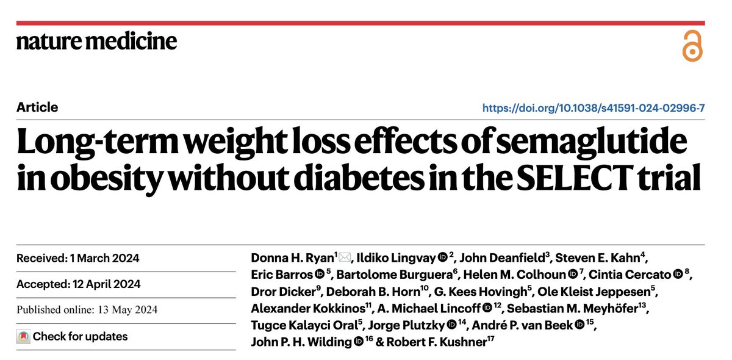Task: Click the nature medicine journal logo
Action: click(97, 41)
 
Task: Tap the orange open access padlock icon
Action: click(692, 46)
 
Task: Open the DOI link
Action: click(594, 107)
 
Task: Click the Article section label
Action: click(37, 107)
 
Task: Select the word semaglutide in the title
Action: click(592, 142)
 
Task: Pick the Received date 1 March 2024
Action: click(104, 258)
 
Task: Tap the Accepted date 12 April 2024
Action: click(107, 284)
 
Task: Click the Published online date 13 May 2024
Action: click(127, 309)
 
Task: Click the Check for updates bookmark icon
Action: click(24, 336)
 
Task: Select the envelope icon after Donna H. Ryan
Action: click(345, 257)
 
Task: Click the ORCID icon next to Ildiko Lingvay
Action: click(442, 257)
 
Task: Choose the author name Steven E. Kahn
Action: click(598, 257)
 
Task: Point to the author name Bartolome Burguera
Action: click(395, 275)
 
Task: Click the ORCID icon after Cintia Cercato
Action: click(678, 274)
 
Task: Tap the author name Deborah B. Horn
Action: click(373, 291)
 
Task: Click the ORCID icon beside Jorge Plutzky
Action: click(451, 325)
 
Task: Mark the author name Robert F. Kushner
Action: click(437, 342)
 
